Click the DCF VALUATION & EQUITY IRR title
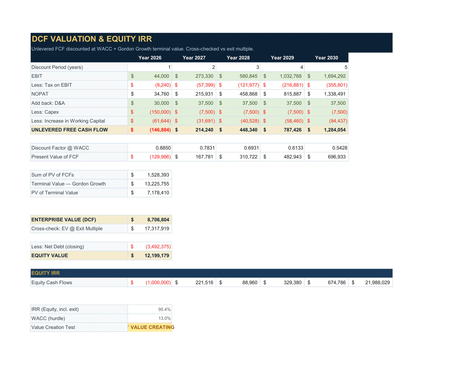tap(92, 39)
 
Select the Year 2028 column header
tap(238, 58)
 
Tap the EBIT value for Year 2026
tap(161, 76)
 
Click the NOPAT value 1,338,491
tap(335, 94)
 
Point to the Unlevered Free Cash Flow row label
tap(69, 130)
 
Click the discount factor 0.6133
tap(295, 148)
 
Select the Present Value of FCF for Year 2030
tap(337, 157)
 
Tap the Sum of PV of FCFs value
tap(158, 175)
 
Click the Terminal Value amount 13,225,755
tap(157, 184)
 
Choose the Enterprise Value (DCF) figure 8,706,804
tap(158, 220)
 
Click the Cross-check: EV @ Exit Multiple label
tap(67, 228)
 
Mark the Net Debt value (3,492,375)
tap(158, 247)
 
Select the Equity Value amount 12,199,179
tap(157, 255)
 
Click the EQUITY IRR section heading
tap(46, 273)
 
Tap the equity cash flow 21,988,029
tap(377, 282)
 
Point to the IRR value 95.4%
tap(164, 309)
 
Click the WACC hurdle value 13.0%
tap(164, 318)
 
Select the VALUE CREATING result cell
tap(150, 327)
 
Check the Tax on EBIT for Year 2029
tap(293, 85)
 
